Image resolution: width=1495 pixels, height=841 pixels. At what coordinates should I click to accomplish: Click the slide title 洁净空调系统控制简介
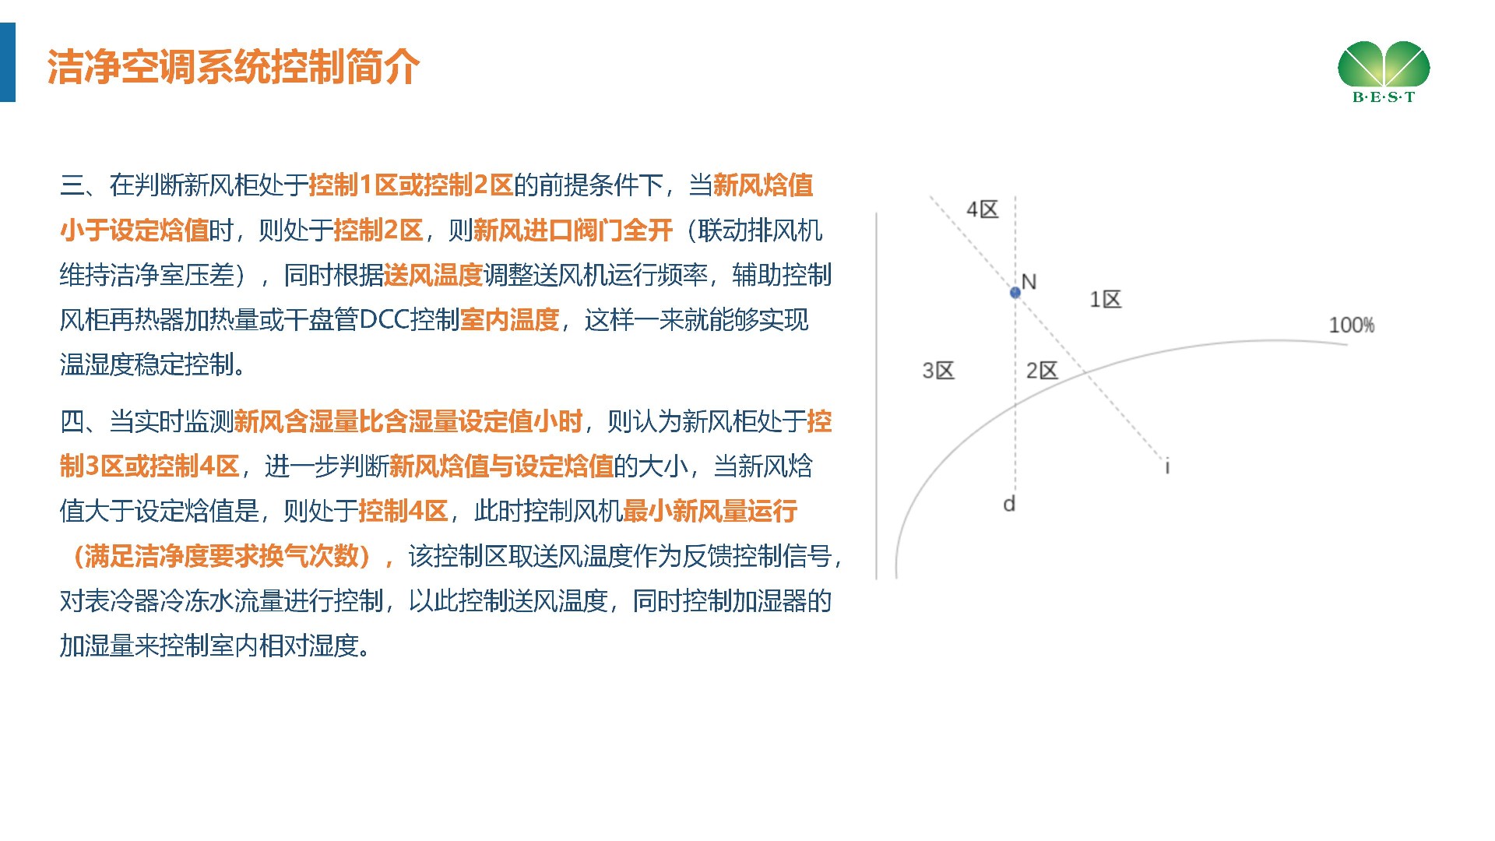point(234,66)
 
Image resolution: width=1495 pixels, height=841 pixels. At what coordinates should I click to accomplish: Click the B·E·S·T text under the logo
point(1384,97)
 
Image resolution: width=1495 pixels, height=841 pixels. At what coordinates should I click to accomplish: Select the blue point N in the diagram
point(1015,293)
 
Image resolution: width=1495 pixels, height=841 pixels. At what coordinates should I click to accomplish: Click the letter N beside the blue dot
point(1029,282)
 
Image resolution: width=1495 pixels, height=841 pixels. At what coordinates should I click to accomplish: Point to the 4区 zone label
point(983,209)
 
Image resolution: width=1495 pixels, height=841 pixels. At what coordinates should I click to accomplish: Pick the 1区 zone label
point(1106,299)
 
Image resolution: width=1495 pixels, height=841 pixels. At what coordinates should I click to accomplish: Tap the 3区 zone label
point(938,370)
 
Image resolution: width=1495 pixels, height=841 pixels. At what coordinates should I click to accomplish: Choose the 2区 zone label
point(1042,370)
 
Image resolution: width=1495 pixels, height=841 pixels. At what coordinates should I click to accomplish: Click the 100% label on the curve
point(1352,325)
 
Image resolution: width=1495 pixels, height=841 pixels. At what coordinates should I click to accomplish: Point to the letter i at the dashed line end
point(1167,466)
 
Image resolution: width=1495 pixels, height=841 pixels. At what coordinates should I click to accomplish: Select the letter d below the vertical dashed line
point(1009,504)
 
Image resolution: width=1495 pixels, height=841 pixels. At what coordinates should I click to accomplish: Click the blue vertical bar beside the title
point(8,62)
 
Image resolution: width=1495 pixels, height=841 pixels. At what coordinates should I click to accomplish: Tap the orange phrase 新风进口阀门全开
point(573,230)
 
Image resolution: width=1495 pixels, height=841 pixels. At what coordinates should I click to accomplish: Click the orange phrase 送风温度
point(434,275)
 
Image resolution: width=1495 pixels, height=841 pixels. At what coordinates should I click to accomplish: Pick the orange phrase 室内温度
point(510,320)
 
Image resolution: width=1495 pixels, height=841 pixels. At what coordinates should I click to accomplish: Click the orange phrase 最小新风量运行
point(710,512)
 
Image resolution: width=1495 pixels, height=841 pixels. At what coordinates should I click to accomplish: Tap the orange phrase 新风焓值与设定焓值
point(502,466)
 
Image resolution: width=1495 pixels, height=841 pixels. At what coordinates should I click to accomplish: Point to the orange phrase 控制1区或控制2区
point(411,185)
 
